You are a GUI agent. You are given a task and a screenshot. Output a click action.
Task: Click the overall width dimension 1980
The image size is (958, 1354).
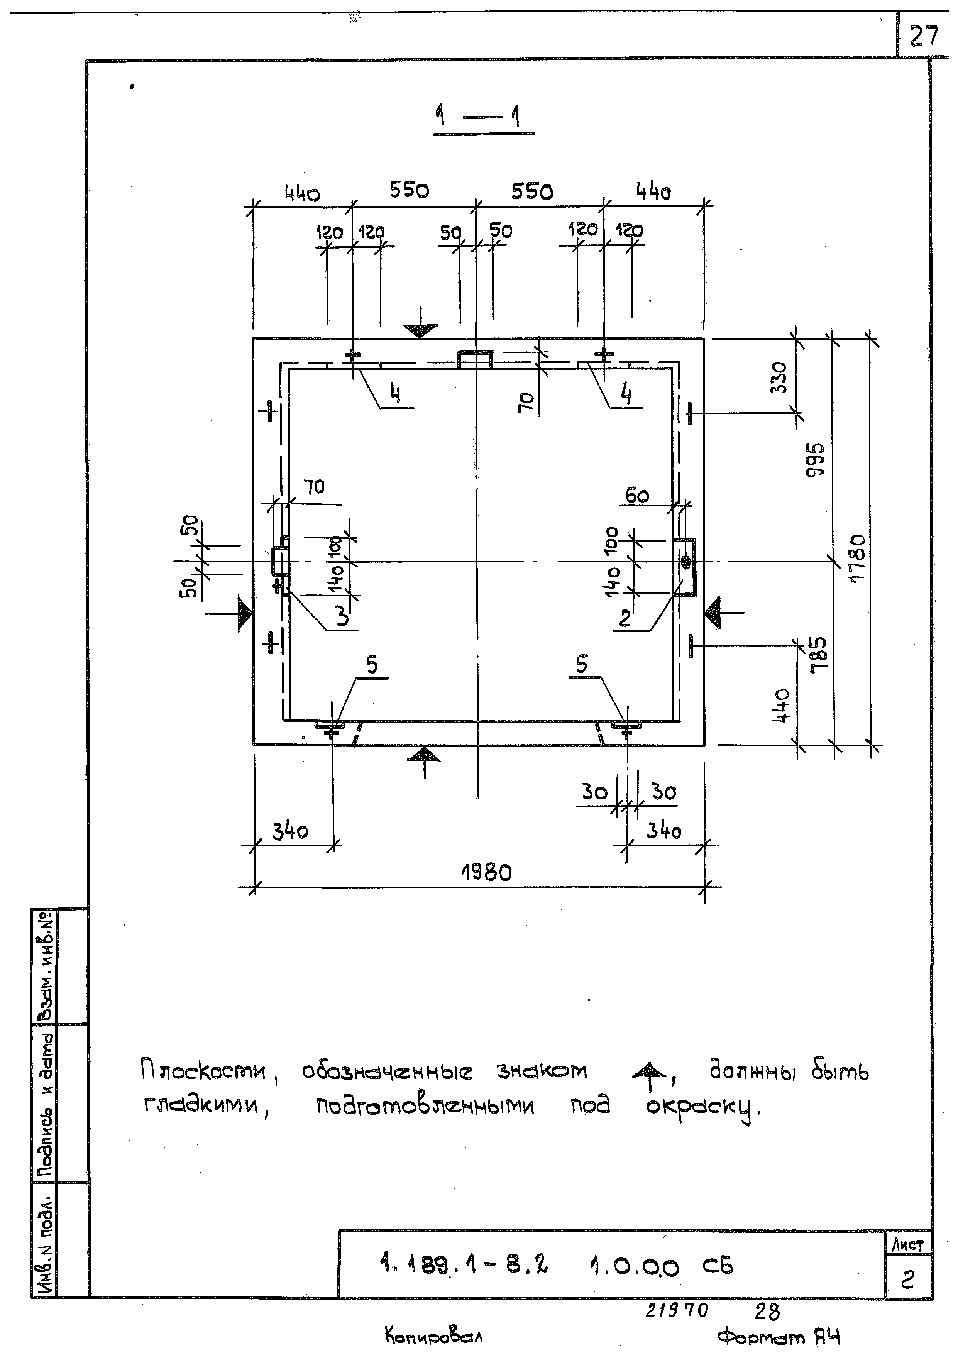coord(486,873)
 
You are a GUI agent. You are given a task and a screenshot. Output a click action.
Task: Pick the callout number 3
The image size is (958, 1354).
coord(342,617)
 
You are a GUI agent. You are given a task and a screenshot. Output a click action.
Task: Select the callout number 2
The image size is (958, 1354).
coord(625,618)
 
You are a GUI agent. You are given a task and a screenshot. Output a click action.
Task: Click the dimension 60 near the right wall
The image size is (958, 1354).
coord(637,496)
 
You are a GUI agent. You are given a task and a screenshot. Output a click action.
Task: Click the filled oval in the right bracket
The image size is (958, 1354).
coord(686,562)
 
